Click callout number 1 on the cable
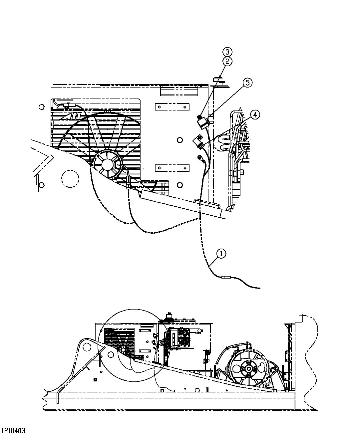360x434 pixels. tap(221, 254)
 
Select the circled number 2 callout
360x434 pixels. tap(227, 61)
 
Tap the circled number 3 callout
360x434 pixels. tap(227, 52)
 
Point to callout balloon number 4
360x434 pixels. tap(254, 115)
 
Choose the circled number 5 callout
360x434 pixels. tap(248, 83)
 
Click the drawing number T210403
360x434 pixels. tap(13, 431)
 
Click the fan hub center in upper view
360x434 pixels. tap(107, 164)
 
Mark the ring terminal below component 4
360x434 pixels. tap(200, 158)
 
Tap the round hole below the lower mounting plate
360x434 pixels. tap(180, 184)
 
